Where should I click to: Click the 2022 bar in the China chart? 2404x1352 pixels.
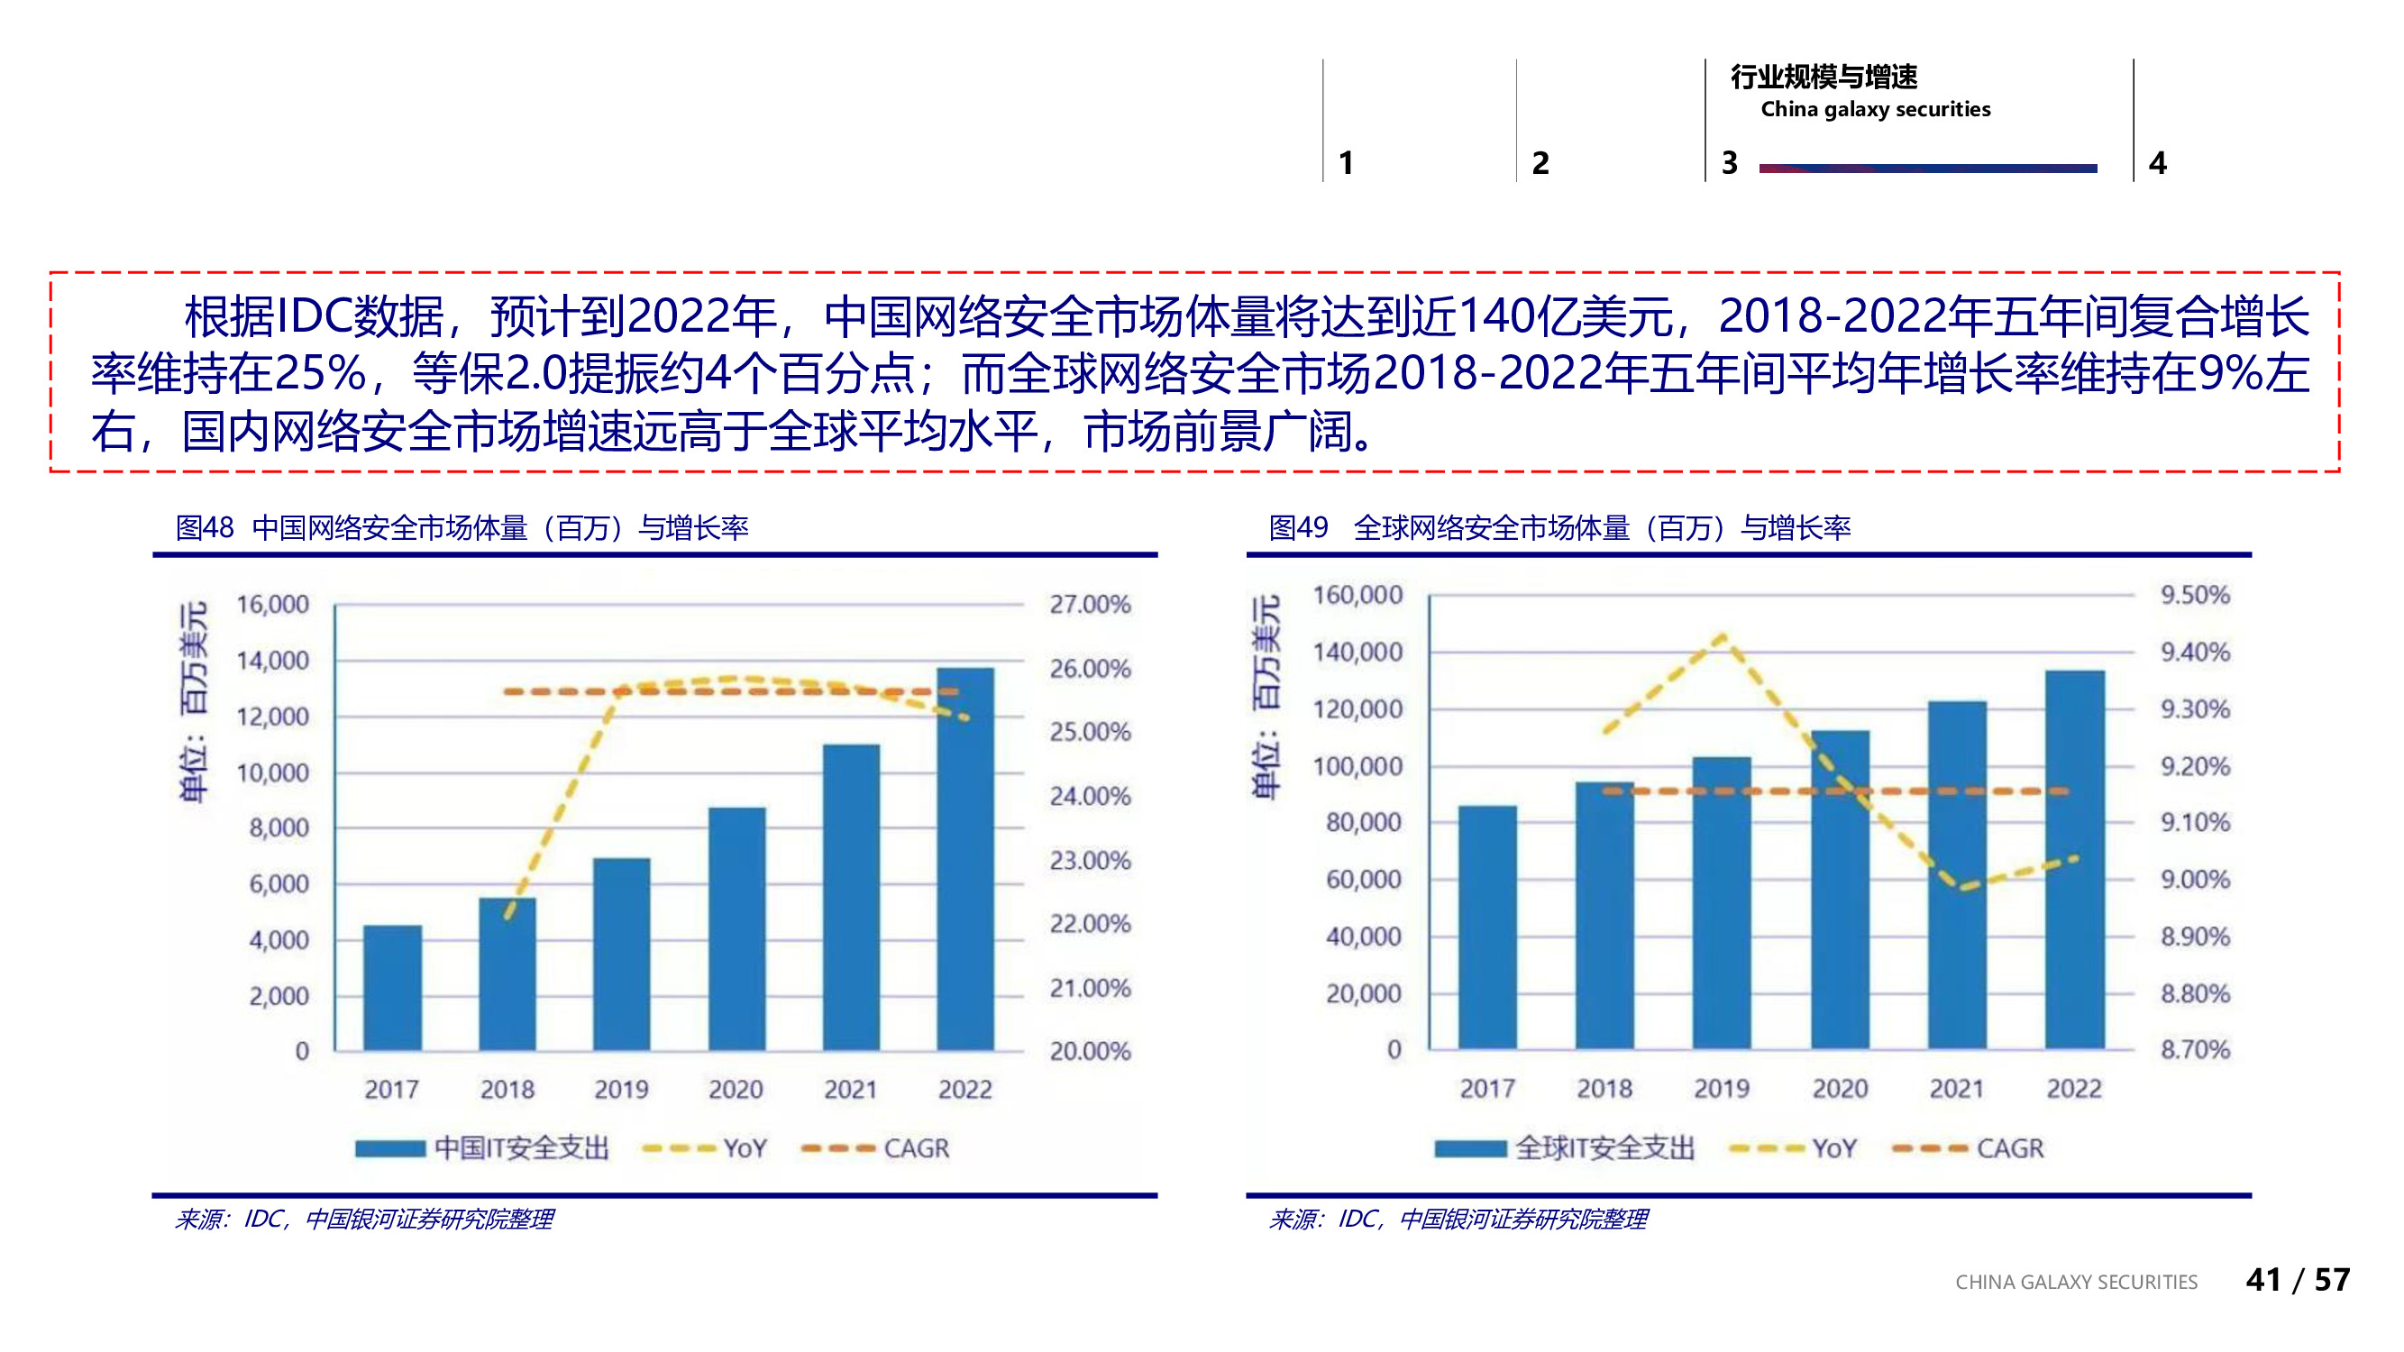[x=965, y=858]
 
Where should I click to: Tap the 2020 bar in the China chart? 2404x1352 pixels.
[x=736, y=928]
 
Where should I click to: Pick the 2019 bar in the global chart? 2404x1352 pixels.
[x=1721, y=902]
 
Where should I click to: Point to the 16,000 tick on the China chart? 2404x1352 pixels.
[x=271, y=605]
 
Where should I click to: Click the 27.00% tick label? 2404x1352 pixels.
[x=1089, y=605]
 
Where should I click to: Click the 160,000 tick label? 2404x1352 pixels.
[x=1357, y=594]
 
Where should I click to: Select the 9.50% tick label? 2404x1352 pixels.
[x=2194, y=594]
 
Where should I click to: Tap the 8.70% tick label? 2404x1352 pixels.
[x=2194, y=1049]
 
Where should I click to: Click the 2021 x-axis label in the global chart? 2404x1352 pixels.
[x=1956, y=1088]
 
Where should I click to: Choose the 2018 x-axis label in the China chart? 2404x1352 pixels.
[x=507, y=1089]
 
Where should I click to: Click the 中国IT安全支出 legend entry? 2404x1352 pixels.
[x=521, y=1147]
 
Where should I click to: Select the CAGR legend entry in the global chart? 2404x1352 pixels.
[x=2008, y=1147]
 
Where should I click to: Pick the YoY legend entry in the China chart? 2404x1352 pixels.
[x=744, y=1147]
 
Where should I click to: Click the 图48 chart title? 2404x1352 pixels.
[x=462, y=528]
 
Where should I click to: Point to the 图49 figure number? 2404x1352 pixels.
[x=1297, y=528]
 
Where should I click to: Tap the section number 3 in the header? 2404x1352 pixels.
[x=1728, y=163]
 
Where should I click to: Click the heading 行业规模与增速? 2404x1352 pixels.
[x=1824, y=77]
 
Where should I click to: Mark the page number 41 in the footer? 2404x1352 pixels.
[x=2262, y=1279]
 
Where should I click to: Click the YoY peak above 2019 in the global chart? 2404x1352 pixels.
[x=1723, y=636]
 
